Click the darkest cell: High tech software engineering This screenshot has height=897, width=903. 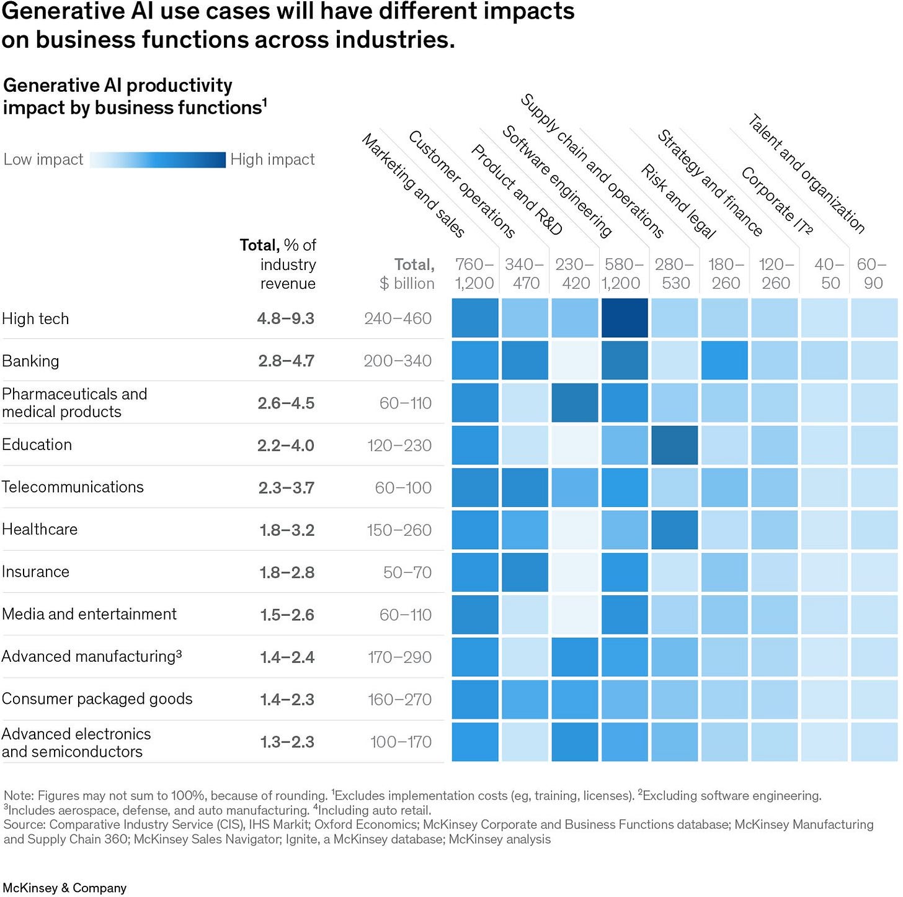click(x=625, y=318)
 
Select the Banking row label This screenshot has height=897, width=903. click(x=30, y=361)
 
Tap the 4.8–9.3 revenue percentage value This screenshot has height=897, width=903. click(x=285, y=318)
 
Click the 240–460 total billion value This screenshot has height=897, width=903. click(x=398, y=318)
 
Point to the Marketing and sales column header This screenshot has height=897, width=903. click(x=413, y=186)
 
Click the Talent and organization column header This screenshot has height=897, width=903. click(x=806, y=173)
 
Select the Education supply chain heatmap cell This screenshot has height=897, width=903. click(x=674, y=445)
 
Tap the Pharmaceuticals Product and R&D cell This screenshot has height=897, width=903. click(x=575, y=403)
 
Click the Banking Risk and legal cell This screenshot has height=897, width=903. click(x=724, y=361)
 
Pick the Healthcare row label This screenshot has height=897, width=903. click(x=40, y=530)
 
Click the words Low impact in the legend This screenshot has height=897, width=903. click(x=43, y=160)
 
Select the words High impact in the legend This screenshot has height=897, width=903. click(x=272, y=160)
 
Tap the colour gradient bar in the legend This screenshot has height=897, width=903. click(x=158, y=160)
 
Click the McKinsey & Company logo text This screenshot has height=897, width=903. click(x=64, y=888)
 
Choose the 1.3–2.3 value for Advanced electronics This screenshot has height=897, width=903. click(x=287, y=742)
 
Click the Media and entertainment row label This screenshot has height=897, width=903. click(x=89, y=614)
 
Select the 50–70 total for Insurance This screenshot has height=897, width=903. click(x=407, y=572)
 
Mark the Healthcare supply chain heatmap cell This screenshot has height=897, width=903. click(x=674, y=530)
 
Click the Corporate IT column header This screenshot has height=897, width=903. click(x=776, y=201)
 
